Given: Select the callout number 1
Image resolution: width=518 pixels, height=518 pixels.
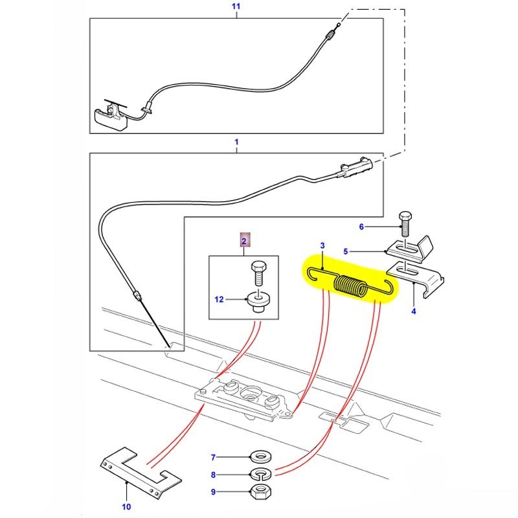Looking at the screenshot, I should point(236,141).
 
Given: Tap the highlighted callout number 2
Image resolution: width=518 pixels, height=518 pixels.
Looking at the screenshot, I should point(244,242).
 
